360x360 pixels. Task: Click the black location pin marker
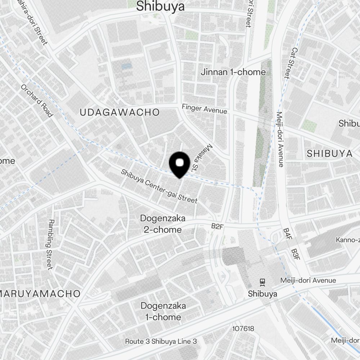(179, 164)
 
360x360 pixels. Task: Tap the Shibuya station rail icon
(262, 282)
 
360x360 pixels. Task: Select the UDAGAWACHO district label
(120, 112)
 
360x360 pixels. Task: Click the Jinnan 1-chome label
(234, 72)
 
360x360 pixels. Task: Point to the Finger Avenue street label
(204, 109)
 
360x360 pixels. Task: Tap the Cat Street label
(290, 63)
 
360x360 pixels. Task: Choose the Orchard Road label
(37, 100)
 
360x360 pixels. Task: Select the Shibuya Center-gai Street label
(159, 186)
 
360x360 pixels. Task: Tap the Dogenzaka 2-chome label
(163, 224)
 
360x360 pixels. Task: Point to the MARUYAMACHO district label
(40, 293)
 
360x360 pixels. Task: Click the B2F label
(217, 226)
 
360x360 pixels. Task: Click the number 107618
(243, 328)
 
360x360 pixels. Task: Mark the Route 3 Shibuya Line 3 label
(161, 341)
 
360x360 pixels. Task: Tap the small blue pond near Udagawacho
(126, 67)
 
